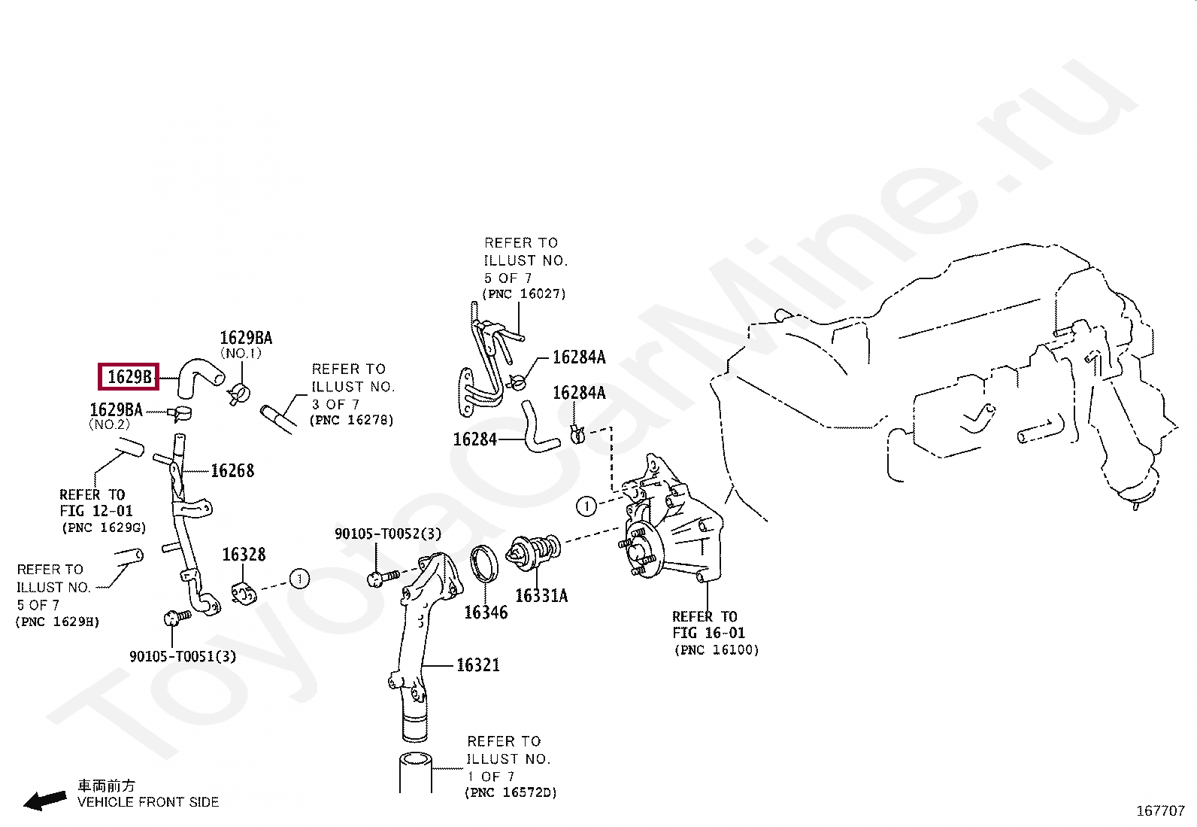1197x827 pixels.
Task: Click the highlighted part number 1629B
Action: (129, 376)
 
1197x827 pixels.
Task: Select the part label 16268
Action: (232, 471)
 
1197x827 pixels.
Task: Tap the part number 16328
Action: (244, 555)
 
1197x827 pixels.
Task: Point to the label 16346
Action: (485, 613)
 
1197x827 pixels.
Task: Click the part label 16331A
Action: (541, 596)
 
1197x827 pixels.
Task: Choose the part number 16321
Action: (477, 665)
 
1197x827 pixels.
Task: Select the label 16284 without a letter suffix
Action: (474, 439)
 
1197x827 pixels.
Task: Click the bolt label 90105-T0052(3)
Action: (388, 534)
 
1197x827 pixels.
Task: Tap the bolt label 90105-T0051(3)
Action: (183, 656)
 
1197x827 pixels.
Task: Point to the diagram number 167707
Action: (1159, 811)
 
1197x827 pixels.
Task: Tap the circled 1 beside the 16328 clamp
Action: (299, 579)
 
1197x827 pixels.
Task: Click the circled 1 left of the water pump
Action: (586, 506)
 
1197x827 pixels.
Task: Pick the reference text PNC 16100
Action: (717, 650)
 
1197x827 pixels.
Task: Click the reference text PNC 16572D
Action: (511, 792)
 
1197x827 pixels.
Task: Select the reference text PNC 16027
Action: (524, 294)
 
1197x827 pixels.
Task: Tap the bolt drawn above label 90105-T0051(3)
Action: (172, 618)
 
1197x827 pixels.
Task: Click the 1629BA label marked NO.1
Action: (245, 339)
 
